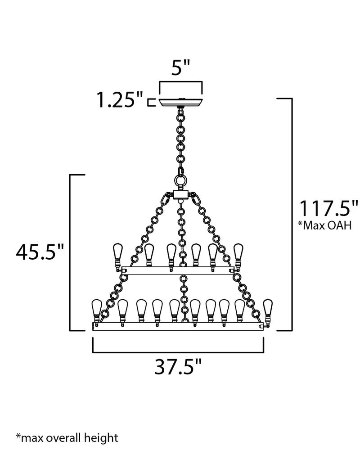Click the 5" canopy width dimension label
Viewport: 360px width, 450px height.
tap(181, 69)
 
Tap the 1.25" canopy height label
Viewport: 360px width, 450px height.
tap(120, 100)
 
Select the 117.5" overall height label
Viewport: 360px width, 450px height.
tap(324, 209)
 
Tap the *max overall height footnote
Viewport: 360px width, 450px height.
tap(67, 437)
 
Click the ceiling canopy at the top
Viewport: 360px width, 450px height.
tap(181, 101)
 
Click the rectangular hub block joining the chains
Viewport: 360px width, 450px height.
tap(181, 195)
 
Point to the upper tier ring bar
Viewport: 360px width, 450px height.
tap(178, 270)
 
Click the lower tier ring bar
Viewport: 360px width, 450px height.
tap(178, 326)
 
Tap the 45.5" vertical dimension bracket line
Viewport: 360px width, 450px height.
tap(69, 252)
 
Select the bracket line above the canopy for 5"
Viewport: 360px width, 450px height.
tap(181, 82)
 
